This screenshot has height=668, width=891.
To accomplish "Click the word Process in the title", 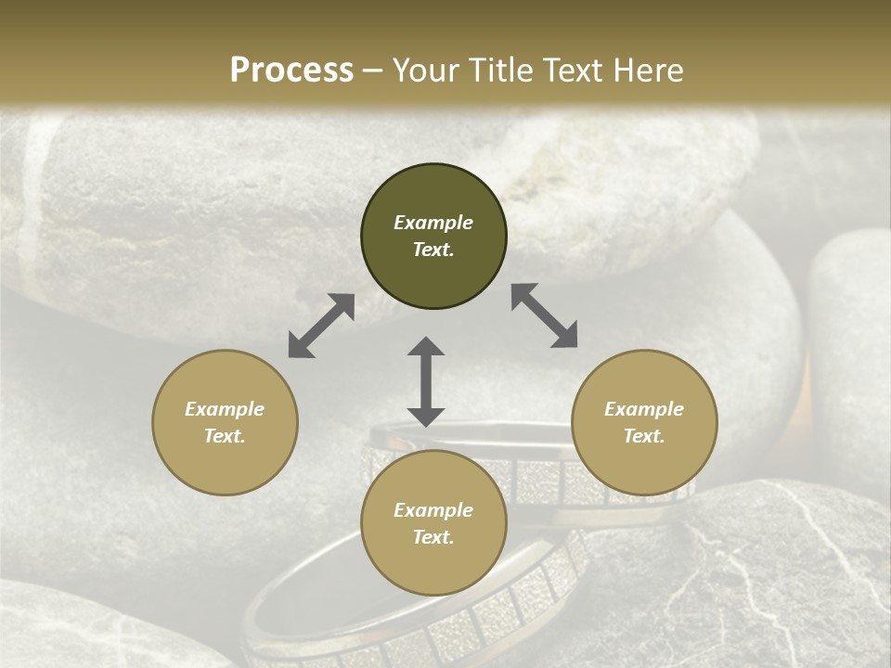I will [x=291, y=71].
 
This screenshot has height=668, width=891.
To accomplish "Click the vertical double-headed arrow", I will [x=426, y=381].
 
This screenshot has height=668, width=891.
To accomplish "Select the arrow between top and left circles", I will [x=321, y=326].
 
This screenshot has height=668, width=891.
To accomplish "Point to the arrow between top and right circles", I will [x=544, y=316].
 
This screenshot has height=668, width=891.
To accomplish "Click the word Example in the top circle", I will [x=433, y=223].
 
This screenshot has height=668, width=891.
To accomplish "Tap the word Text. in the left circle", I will [x=225, y=436].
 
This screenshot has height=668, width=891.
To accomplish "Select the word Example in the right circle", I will [x=644, y=409].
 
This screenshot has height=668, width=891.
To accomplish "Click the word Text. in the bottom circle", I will [x=433, y=537].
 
